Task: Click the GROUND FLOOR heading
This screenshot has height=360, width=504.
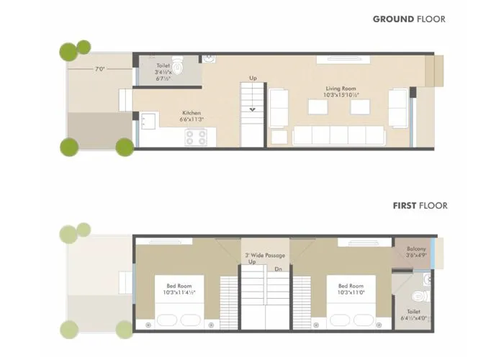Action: (408, 19)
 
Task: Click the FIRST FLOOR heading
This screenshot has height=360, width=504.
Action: (420, 206)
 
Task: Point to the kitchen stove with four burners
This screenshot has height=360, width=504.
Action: (196, 137)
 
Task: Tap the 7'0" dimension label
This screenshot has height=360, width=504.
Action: (102, 70)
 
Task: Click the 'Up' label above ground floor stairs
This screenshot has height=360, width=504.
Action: (253, 78)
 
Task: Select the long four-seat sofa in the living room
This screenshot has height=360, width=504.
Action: (338, 135)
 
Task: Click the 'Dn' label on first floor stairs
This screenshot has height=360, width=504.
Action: (277, 269)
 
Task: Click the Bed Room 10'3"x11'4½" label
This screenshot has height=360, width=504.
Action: (179, 289)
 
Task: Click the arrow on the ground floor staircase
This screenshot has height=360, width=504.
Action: (253, 109)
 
